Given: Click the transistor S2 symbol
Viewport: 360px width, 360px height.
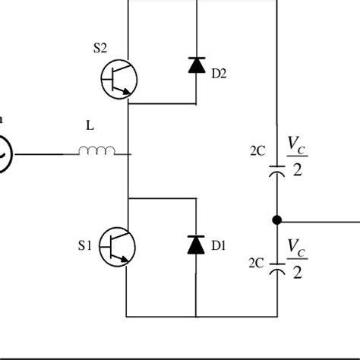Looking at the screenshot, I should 118,77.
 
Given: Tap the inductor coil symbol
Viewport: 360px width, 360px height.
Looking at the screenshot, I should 97,153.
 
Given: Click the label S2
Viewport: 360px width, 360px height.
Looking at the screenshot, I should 100,49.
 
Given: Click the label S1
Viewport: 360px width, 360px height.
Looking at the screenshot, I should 84,245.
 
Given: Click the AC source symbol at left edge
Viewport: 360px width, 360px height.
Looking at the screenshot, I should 4,153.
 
